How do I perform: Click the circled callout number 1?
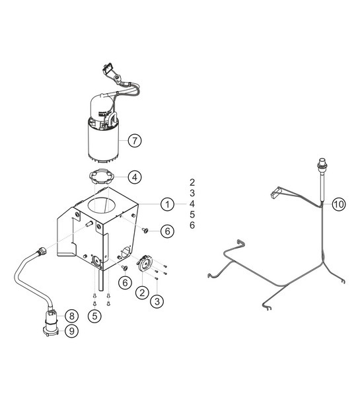[168, 204]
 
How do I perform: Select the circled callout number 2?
[141, 291]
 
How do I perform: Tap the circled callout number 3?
[157, 301]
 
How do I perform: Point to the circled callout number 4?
[134, 177]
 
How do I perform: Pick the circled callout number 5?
[96, 317]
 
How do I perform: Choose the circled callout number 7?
[134, 140]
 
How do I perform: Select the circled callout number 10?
[338, 204]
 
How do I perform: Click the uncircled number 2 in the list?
[192, 181]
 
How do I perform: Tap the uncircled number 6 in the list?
[192, 226]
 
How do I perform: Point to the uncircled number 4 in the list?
[192, 204]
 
